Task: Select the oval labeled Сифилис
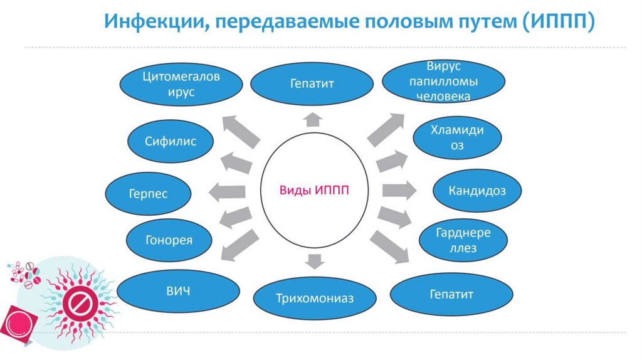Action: point(171,141)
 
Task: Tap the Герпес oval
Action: point(149,194)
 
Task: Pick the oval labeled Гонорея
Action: point(168,240)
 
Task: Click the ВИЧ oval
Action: point(178,291)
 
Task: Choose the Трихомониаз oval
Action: point(314,298)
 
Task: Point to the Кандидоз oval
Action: point(477,190)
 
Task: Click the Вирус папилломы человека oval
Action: point(443,82)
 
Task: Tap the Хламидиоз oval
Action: point(456,138)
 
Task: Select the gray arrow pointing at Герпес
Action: point(226,193)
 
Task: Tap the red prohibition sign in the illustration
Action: point(80,306)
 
